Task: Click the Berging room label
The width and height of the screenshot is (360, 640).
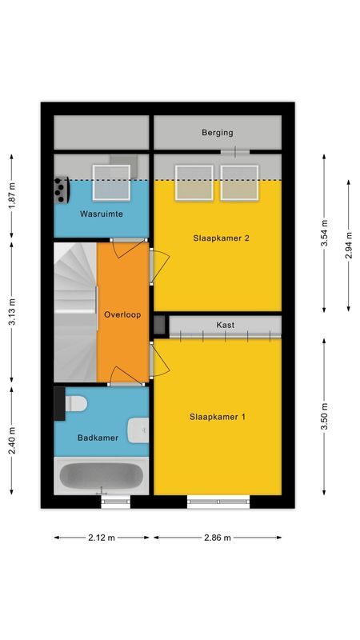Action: (x=218, y=133)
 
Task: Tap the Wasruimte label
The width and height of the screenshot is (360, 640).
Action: (x=100, y=215)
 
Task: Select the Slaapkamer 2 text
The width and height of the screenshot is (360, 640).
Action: (x=218, y=238)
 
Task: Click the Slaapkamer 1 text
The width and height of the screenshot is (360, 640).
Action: (x=218, y=417)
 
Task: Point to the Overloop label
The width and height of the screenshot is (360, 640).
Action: (x=122, y=314)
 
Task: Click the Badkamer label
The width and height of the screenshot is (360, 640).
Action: (x=98, y=438)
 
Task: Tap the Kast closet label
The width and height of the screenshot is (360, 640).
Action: (x=225, y=325)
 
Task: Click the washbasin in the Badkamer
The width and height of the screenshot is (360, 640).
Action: (x=141, y=430)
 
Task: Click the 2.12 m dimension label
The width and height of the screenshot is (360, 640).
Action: (x=102, y=538)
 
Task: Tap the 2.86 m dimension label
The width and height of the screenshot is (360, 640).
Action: (x=217, y=538)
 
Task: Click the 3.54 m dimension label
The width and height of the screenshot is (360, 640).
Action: (x=324, y=233)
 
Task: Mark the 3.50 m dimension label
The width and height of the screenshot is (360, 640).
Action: (x=324, y=417)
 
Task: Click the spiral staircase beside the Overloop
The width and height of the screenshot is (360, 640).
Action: (x=74, y=312)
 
